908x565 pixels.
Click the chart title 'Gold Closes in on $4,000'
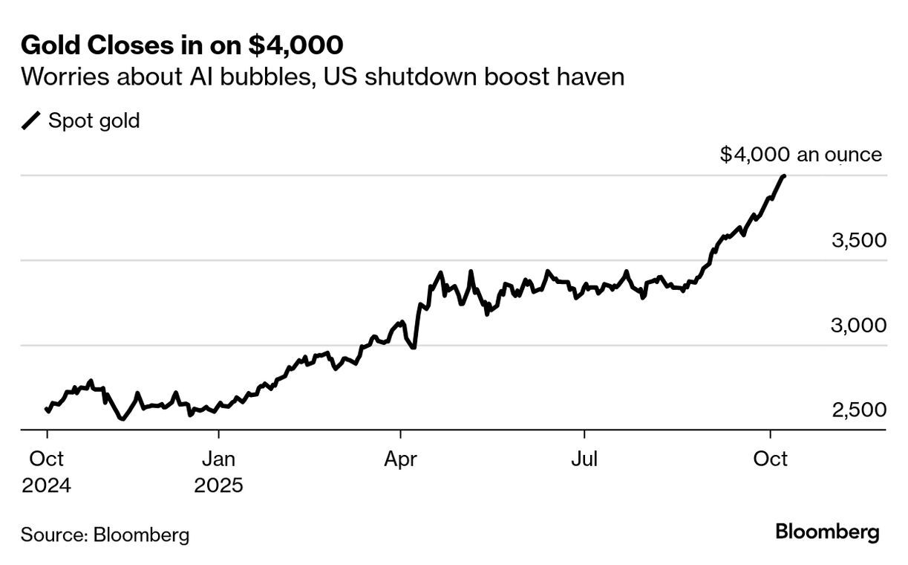tap(182, 45)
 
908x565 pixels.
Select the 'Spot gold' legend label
tap(94, 120)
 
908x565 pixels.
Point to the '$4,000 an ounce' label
tap(801, 155)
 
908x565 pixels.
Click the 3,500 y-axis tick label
tap(858, 241)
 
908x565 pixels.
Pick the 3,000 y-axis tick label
tap(858, 326)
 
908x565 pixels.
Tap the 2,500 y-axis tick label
tap(858, 410)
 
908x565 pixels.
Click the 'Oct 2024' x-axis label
tap(47, 472)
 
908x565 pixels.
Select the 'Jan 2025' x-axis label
tap(218, 472)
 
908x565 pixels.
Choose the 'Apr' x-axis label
tap(401, 459)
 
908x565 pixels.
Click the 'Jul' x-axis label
tap(585, 459)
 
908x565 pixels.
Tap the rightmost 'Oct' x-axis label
tap(770, 459)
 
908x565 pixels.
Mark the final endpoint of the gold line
tap(785, 176)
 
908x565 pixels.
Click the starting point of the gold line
tap(47, 409)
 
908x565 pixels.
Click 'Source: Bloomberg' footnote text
tap(105, 535)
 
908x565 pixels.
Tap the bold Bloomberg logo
tap(827, 532)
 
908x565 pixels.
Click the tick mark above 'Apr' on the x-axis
tap(401, 434)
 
